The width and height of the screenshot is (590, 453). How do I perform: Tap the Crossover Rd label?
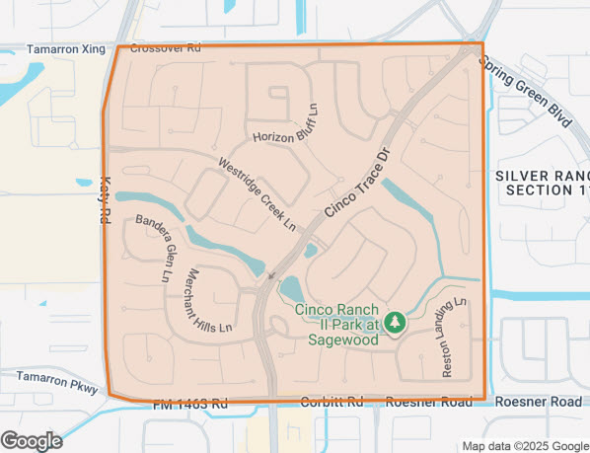pyautogui.click(x=166, y=46)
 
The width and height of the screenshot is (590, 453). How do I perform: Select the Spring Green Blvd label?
pyautogui.click(x=526, y=92)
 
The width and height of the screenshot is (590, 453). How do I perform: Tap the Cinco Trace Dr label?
pyautogui.click(x=357, y=184)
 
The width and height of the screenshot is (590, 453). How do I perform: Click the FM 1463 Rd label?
pyautogui.click(x=190, y=404)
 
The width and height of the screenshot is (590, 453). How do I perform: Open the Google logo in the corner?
pyautogui.click(x=32, y=440)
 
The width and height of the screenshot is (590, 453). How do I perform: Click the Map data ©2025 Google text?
pyautogui.click(x=524, y=445)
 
